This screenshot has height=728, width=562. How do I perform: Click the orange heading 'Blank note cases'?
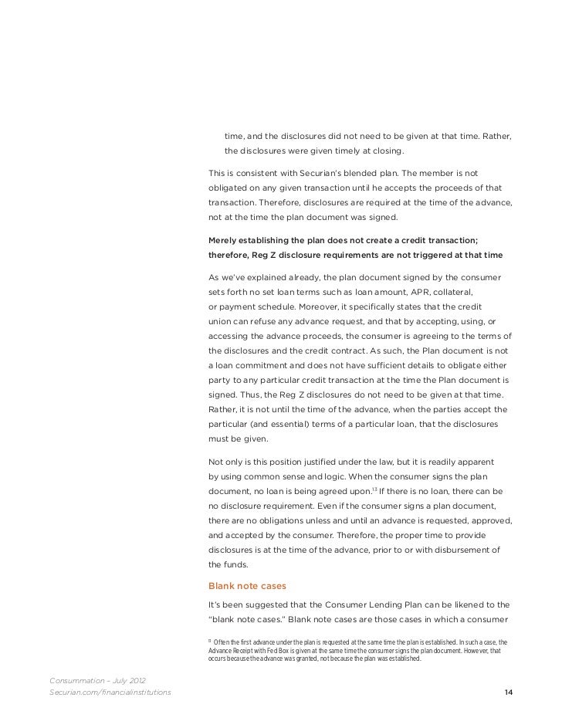(246, 585)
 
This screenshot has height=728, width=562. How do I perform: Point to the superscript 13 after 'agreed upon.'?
(374, 490)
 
